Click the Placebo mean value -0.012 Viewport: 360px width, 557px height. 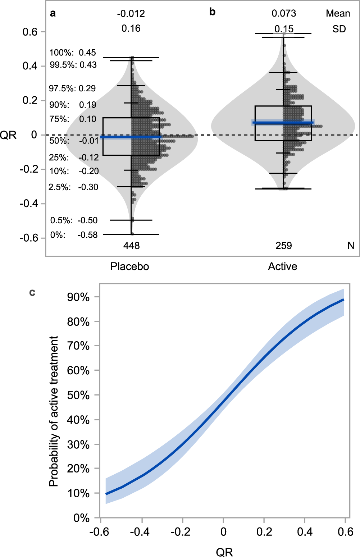click(131, 14)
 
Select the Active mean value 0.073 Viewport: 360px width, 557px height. click(284, 13)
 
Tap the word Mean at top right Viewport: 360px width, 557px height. click(338, 13)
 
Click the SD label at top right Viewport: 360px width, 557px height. click(339, 29)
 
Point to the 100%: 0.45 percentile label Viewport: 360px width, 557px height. click(73, 52)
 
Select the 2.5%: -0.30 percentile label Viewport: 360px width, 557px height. click(73, 187)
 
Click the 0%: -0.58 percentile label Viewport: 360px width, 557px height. click(74, 235)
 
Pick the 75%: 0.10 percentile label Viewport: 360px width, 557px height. click(73, 119)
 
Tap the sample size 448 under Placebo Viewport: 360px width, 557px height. click(131, 246)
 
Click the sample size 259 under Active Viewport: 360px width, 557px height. click(283, 246)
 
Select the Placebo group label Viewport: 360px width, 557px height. click(129, 266)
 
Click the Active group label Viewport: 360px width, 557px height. click(282, 266)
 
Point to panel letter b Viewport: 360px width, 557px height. click(212, 12)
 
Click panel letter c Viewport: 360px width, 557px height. click(32, 292)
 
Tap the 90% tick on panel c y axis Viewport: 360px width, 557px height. click(78, 297)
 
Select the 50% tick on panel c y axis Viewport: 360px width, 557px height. click(78, 395)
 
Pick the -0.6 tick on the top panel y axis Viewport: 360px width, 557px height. click(28, 238)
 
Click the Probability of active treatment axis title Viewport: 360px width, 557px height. click(54, 411)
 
